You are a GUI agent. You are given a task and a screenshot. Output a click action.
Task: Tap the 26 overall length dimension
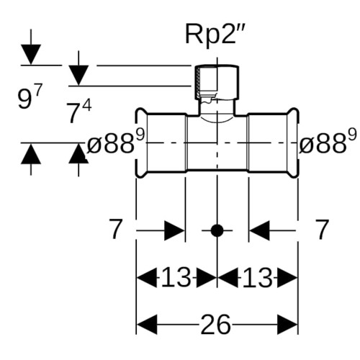[x=215, y=325]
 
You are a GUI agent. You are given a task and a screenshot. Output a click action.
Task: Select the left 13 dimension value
[x=176, y=278]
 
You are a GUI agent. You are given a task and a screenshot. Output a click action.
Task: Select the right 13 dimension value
[x=258, y=278]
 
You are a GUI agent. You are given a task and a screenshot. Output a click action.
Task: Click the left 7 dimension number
[x=115, y=229]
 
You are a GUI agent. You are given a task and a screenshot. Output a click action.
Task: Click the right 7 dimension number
[x=322, y=229]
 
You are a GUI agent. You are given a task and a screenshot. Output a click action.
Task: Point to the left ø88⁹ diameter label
[x=115, y=142]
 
